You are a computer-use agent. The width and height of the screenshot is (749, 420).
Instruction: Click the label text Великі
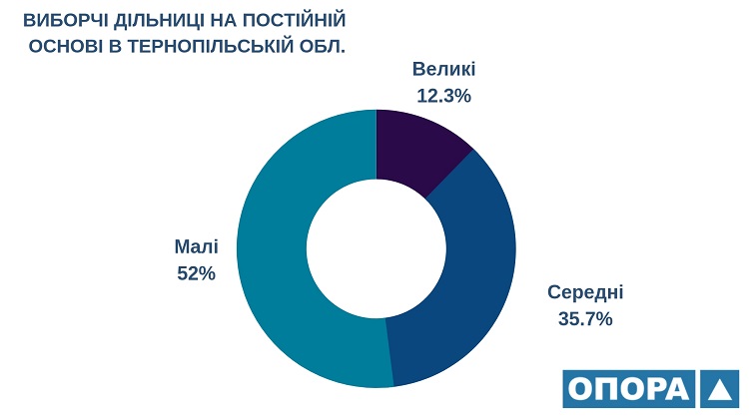coord(443,70)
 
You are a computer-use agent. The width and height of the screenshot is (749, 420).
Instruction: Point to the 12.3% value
coord(443,97)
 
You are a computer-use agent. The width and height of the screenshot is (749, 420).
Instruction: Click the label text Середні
coord(585,292)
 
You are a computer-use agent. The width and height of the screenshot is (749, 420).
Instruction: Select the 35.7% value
coord(585,319)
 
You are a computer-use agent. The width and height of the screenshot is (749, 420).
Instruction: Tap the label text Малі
coord(196,246)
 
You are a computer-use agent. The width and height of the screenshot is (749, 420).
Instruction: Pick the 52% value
coord(196,273)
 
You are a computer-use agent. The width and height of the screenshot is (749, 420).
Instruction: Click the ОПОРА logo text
coord(627,389)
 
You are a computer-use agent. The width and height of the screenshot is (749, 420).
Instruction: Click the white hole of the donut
coord(375,248)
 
